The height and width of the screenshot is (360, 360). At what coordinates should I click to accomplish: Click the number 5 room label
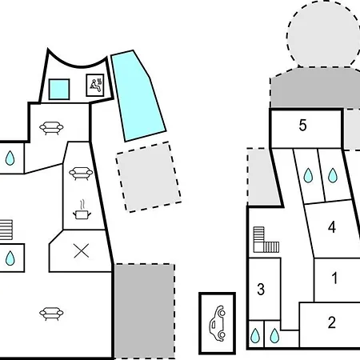302,125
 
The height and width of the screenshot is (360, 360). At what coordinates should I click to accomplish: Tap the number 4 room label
332,227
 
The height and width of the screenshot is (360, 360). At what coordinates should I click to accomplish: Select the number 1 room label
334,278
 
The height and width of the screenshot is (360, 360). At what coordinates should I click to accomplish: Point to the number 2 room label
332,322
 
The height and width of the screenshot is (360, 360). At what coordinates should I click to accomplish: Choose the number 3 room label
261,289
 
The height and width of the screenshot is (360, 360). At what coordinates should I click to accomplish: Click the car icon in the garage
218,323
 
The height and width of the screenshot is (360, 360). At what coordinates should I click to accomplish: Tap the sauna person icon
95,86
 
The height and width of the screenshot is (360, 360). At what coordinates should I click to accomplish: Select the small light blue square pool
59,89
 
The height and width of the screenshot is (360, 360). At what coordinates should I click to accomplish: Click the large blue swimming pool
138,94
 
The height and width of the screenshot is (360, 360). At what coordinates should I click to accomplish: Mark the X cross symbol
82,251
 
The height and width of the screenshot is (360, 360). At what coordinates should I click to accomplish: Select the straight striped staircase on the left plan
6,230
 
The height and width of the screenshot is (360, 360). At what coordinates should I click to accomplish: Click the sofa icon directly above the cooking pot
81,173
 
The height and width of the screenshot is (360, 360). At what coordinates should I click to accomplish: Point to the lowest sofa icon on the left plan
51,314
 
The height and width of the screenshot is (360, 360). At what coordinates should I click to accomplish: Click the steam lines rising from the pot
83,205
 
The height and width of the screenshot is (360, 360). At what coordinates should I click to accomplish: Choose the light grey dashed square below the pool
149,177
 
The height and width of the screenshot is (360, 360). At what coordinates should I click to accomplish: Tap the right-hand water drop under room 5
333,175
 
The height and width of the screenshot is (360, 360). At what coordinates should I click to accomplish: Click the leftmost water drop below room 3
255,335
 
